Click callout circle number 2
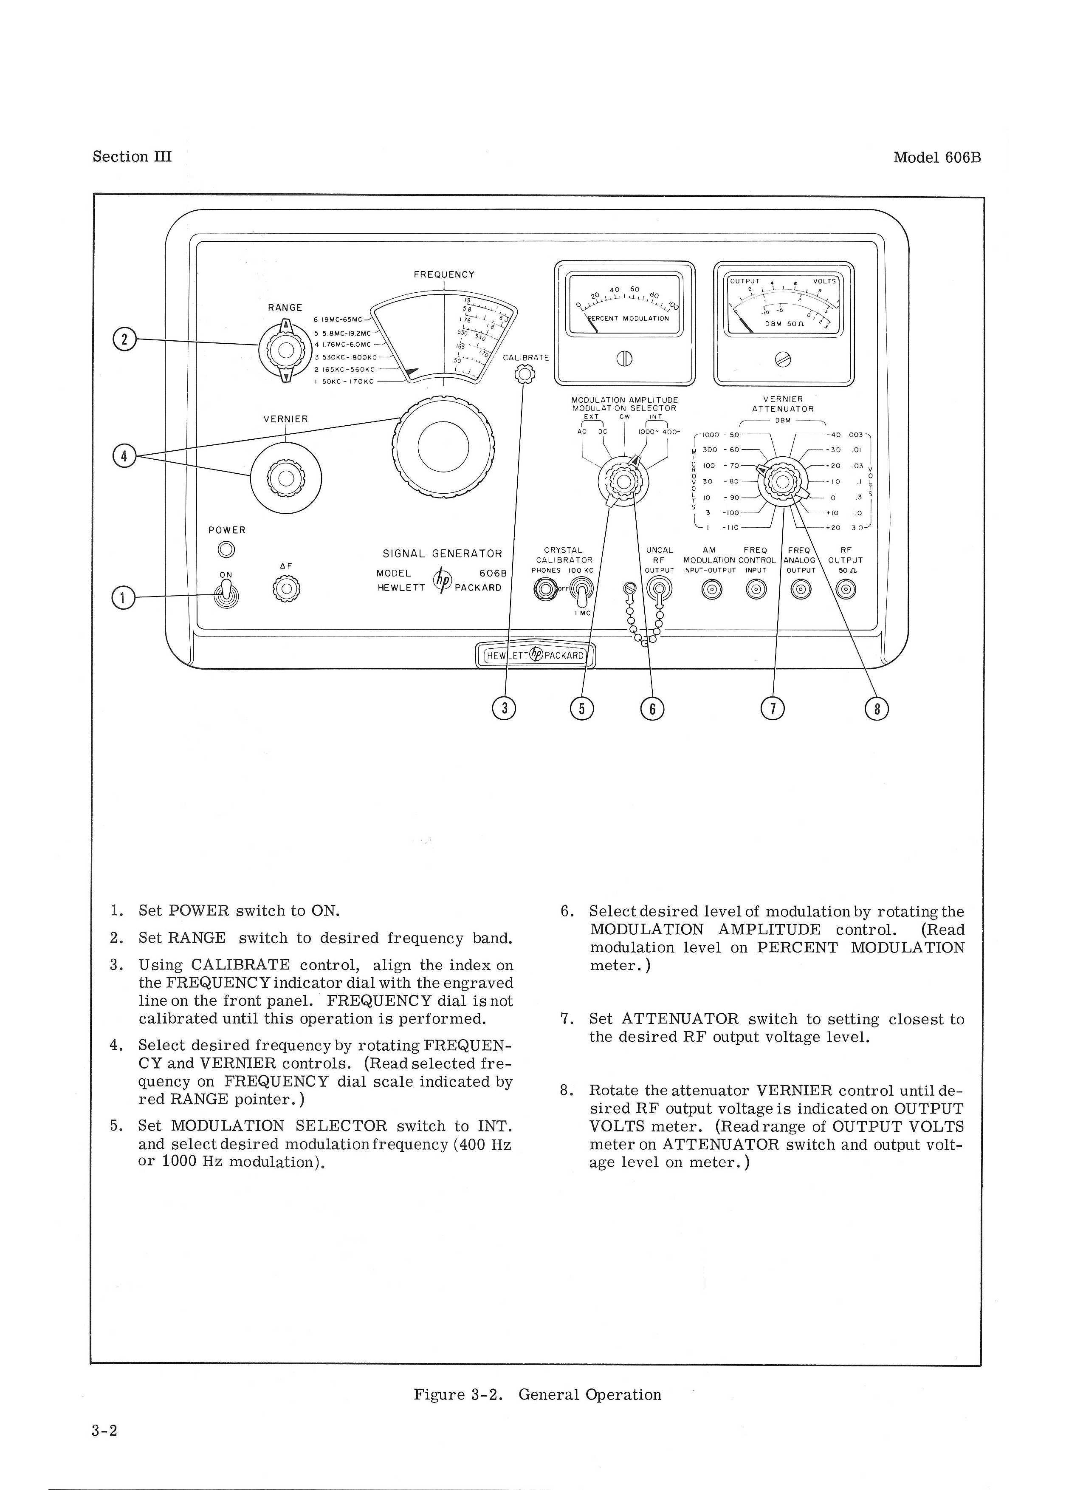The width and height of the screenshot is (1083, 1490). (x=124, y=339)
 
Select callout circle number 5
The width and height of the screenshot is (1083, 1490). (x=582, y=708)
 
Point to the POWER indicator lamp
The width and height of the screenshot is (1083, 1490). (x=227, y=549)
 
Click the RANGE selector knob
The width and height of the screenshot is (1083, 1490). (x=286, y=350)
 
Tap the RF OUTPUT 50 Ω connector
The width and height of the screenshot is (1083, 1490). (x=846, y=590)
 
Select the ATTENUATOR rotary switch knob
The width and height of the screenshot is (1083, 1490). (x=783, y=481)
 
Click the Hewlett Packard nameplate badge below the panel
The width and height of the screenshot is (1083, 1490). (x=535, y=655)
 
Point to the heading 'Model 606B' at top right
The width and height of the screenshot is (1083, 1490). (x=936, y=158)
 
